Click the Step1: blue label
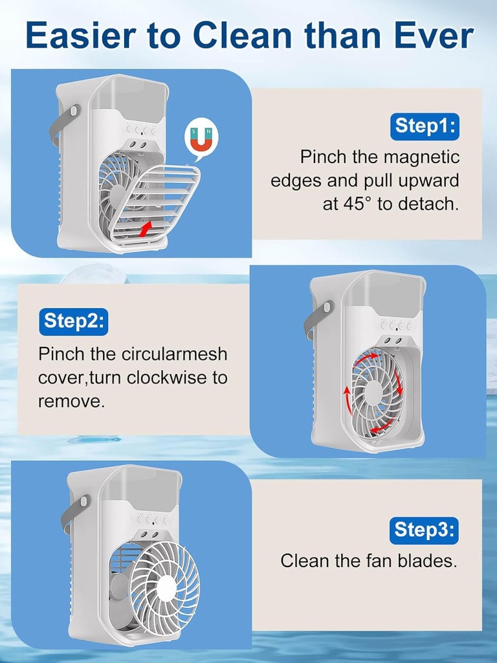(x=424, y=126)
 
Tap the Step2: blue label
(x=74, y=320)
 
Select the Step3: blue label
(x=424, y=530)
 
